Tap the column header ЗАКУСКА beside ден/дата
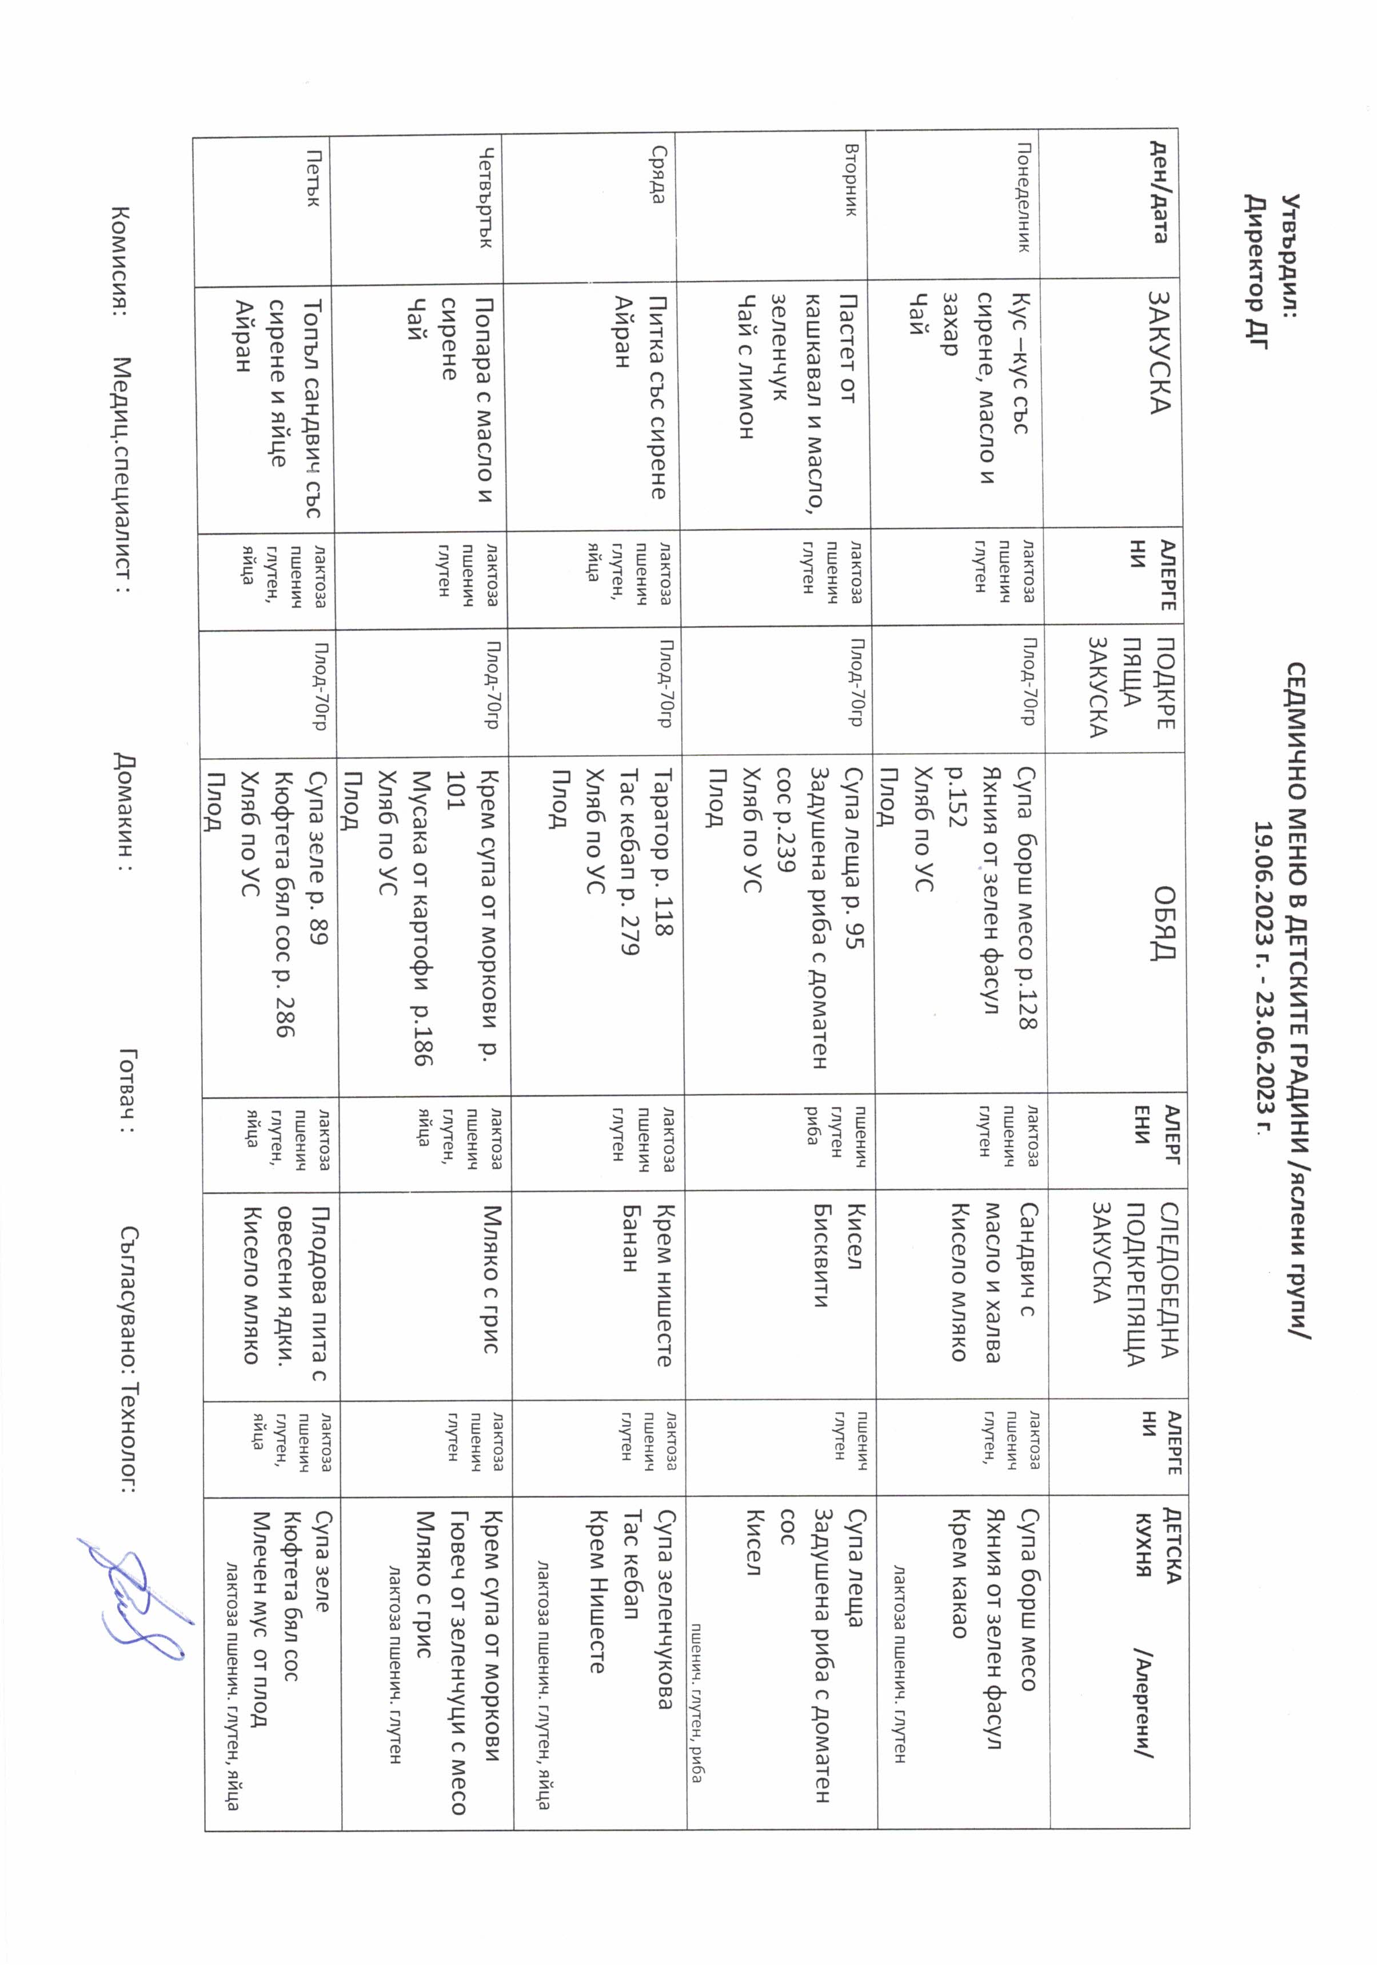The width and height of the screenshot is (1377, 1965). [x=1160, y=352]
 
